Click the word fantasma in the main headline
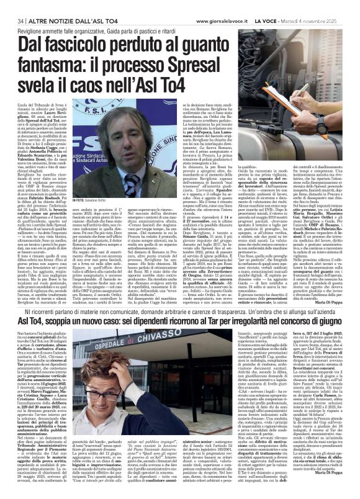pos(45,65)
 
